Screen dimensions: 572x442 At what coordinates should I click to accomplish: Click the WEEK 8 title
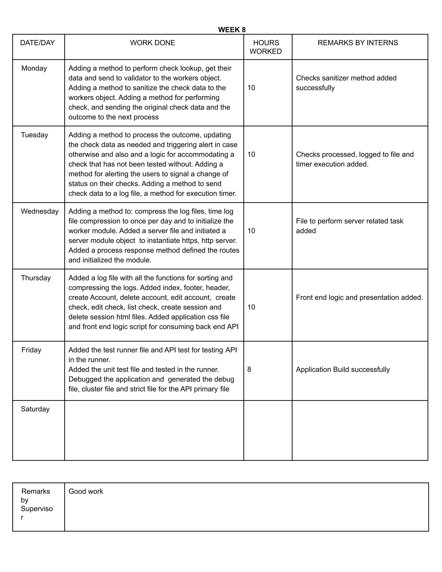point(232,30)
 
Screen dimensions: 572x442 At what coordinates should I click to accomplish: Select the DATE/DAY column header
point(37,43)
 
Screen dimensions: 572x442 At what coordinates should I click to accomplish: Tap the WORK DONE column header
point(152,43)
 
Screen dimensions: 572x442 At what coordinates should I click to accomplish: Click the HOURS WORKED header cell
point(265,47)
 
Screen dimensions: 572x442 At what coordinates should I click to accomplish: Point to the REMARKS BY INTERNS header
point(358,43)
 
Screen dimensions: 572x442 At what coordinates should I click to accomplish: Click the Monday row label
point(34,68)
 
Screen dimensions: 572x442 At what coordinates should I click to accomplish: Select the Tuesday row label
point(34,135)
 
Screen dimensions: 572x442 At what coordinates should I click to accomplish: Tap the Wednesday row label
point(39,211)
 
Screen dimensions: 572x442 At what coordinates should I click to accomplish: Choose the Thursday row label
point(36,278)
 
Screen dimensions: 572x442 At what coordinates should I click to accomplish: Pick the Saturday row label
point(35,409)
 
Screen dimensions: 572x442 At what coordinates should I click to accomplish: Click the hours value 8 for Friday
point(249,370)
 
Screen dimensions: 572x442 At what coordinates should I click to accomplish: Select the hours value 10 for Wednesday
point(251,231)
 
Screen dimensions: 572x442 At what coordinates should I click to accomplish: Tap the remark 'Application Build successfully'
point(343,370)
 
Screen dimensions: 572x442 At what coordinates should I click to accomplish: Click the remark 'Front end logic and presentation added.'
point(359,297)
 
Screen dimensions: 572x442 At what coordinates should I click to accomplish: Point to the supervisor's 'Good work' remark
point(86,491)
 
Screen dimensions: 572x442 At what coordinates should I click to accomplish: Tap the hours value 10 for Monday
point(251,88)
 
